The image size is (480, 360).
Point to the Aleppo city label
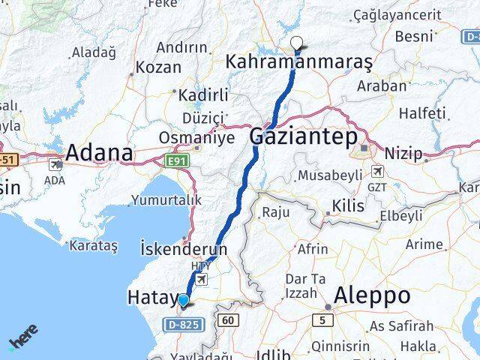[372, 295]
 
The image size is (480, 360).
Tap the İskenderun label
[184, 248]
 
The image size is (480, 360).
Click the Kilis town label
[349, 205]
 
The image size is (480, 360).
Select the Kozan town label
[158, 67]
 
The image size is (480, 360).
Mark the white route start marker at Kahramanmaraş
[298, 43]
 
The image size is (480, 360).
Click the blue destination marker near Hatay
[183, 301]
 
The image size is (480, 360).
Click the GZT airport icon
[376, 172]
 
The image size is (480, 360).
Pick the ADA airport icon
[55, 163]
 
